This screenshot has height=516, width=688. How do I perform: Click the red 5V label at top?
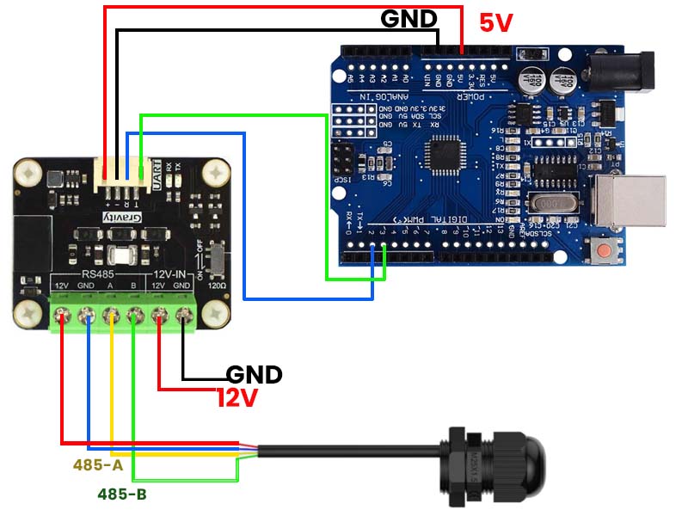tap(495, 23)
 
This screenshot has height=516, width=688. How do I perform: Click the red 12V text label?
tap(236, 397)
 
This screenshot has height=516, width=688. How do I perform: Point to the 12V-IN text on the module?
tap(170, 275)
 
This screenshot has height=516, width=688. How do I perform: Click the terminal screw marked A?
tap(111, 316)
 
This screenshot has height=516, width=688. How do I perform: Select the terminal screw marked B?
tap(135, 316)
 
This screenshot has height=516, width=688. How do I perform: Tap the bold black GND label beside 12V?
tap(254, 375)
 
